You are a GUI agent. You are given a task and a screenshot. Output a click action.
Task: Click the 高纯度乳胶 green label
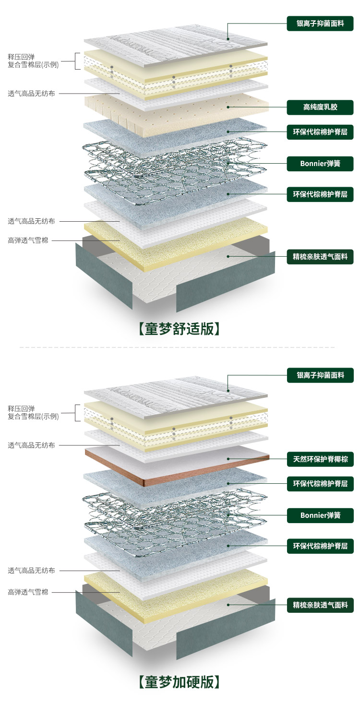point(320,107)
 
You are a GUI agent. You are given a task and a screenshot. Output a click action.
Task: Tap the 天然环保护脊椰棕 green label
point(320,459)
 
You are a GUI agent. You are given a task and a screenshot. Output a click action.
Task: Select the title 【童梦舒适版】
point(179,329)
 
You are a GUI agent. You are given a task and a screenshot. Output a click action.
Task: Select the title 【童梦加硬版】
point(179,681)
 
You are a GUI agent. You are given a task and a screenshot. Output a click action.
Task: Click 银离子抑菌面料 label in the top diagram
point(320,24)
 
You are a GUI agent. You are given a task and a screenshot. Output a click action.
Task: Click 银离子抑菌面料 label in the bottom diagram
point(320,375)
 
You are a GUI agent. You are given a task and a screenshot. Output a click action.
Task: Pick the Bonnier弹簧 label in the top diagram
point(320,163)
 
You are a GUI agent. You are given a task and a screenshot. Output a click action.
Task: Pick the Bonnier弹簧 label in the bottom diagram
point(320,515)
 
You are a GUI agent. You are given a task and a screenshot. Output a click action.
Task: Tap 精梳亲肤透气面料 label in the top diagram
point(320,256)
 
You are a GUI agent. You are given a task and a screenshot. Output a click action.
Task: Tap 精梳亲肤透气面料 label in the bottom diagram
point(320,605)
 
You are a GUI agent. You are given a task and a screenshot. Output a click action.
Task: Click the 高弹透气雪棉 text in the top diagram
point(28,240)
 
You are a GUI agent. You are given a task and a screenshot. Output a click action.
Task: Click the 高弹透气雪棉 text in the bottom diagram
point(28,592)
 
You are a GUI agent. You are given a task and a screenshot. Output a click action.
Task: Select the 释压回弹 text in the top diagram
point(21,57)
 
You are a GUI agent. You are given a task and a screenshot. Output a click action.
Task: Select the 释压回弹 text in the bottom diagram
point(21,408)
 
